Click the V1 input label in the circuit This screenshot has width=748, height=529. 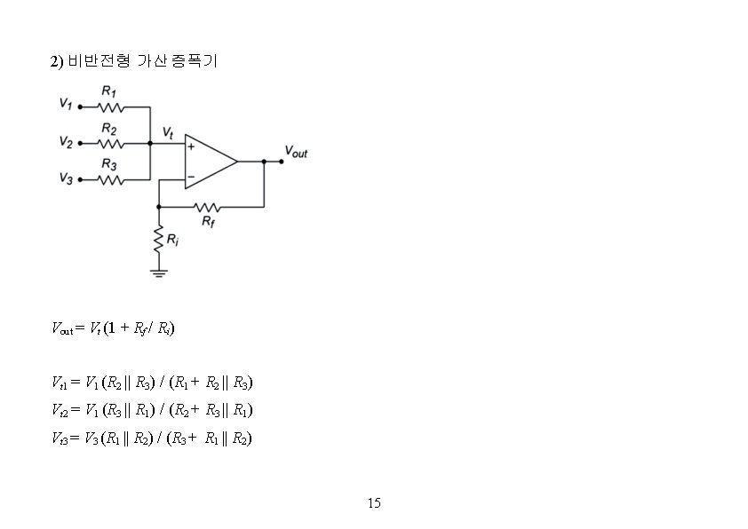tap(65, 105)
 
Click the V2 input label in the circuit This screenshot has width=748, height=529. tap(65, 142)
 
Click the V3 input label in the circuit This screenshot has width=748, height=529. tap(65, 178)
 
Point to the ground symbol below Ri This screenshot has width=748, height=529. tap(159, 272)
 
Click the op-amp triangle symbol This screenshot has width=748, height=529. tap(210, 162)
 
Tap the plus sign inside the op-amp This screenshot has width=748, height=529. tap(190, 146)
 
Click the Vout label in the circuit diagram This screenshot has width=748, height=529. tap(296, 153)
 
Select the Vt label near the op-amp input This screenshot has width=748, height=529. tap(168, 132)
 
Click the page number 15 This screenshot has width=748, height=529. tap(374, 503)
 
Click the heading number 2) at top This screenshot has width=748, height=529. tap(56, 61)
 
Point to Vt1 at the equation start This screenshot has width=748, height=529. tap(59, 383)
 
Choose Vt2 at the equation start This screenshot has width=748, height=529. tap(59, 410)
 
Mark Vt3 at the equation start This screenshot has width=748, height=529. tap(59, 437)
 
